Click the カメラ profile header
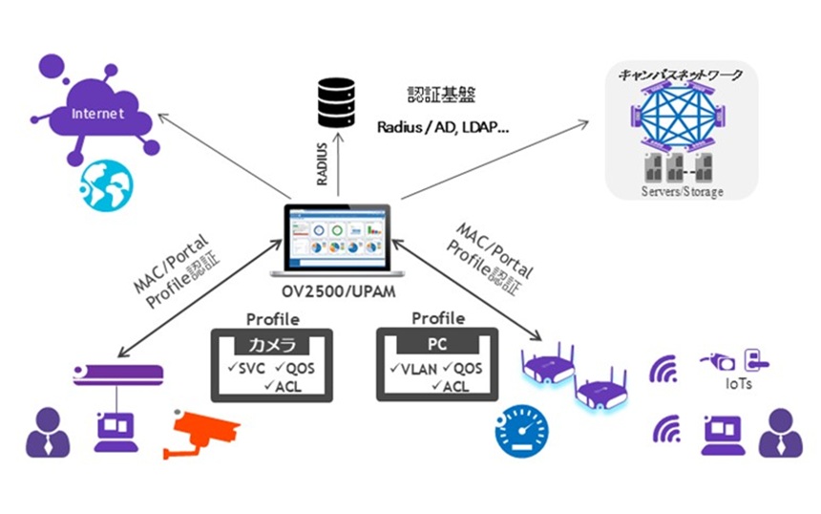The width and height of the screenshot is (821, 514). [x=272, y=345]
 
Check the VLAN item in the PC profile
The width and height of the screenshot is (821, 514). [x=411, y=369]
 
